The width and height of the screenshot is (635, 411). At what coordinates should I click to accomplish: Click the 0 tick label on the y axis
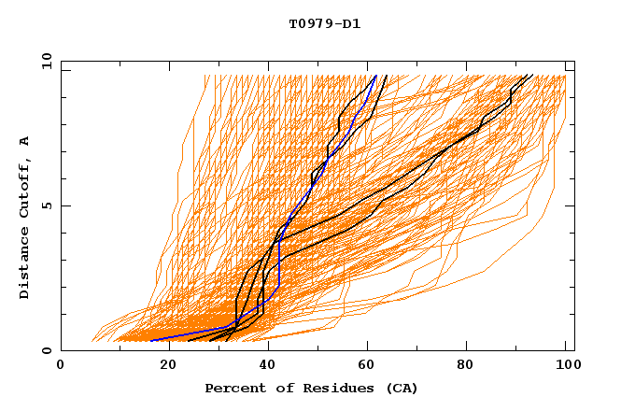coord(46,350)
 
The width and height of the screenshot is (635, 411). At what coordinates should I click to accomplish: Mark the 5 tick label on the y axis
coord(46,205)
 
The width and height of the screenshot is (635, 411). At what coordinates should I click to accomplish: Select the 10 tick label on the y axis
coord(42,61)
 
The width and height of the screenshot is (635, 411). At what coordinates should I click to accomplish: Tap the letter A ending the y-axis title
coord(25,141)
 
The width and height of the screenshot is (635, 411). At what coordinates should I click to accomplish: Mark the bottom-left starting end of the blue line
coord(151,340)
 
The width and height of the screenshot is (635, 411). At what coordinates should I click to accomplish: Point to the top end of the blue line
coord(375,76)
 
